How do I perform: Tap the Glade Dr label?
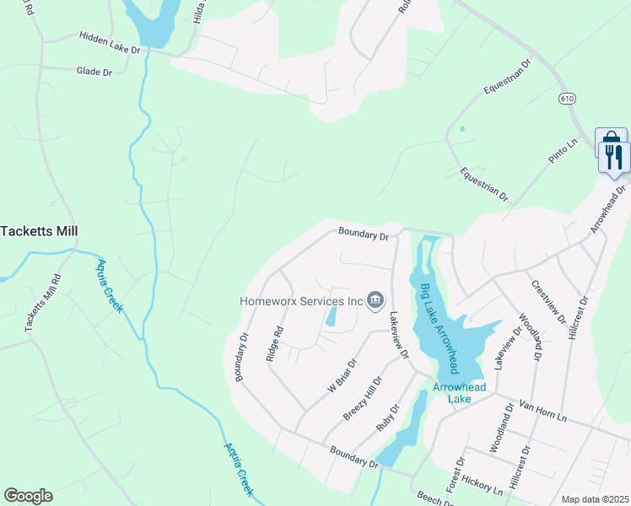click(x=94, y=73)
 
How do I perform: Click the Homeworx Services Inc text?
click(x=301, y=300)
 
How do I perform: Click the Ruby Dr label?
click(x=389, y=419)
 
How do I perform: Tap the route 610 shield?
click(x=566, y=99)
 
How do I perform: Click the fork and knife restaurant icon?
click(x=614, y=155)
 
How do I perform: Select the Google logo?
click(x=28, y=496)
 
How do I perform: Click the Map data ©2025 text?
click(x=595, y=499)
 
